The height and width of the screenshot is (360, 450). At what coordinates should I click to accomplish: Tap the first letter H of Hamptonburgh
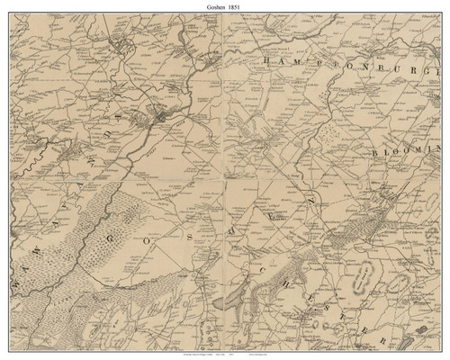pyautogui.click(x=267, y=59)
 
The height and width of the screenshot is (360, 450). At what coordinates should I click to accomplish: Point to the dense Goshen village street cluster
pyautogui.click(x=160, y=115)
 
